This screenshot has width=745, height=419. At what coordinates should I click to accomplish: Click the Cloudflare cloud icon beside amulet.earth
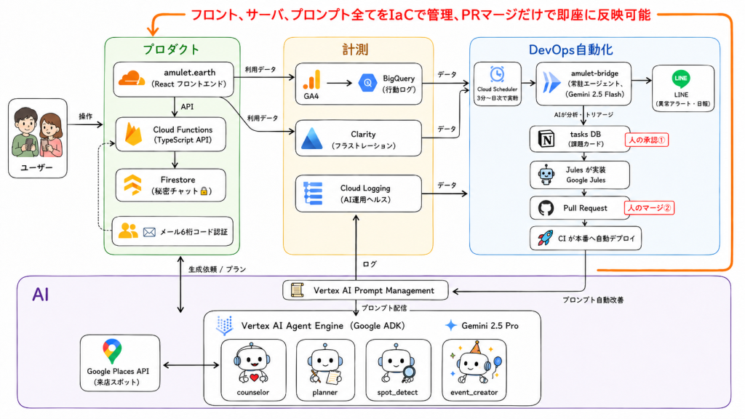pos(132,79)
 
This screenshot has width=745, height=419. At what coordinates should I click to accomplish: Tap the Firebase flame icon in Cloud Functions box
pos(134,134)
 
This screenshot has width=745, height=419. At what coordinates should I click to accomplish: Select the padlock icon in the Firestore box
pos(204,191)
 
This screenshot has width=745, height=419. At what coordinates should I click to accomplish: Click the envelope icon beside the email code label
pos(149,232)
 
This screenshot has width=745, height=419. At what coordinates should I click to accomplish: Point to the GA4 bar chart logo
pos(312,80)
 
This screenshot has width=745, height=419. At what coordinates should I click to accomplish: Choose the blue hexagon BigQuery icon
pos(367,83)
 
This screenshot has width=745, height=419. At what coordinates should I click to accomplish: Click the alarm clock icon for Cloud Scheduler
pos(497,74)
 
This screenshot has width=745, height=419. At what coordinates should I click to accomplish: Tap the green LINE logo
pos(681,79)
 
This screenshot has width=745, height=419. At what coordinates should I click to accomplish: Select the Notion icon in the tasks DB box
pos(546,139)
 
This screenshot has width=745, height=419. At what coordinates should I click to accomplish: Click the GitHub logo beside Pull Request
pos(546,208)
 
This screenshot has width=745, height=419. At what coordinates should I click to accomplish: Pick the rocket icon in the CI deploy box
pos(545,238)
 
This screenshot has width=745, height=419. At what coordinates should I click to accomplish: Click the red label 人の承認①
pos(647,140)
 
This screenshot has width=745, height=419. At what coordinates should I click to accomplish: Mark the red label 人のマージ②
pos(649,207)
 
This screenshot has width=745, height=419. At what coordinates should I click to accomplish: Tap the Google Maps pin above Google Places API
pos(112,351)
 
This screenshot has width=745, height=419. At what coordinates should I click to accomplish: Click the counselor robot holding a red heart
pos(252,364)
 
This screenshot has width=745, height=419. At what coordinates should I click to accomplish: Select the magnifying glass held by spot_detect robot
pos(407,373)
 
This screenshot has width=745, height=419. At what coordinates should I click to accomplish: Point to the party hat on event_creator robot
pos(474,348)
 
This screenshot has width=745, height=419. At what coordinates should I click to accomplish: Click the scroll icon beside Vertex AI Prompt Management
pos(297,290)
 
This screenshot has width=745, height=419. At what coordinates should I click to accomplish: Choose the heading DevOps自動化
pos(570,50)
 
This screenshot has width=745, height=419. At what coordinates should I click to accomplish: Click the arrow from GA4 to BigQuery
pos(339,83)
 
